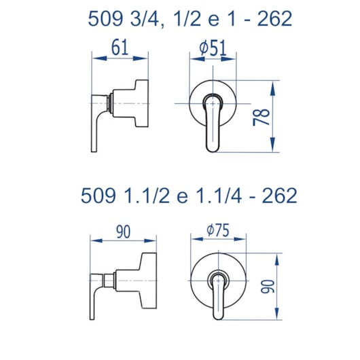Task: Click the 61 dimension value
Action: click(x=120, y=48)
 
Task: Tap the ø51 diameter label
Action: click(x=213, y=48)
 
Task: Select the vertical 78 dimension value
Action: click(x=262, y=117)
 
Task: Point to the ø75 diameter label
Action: click(x=218, y=230)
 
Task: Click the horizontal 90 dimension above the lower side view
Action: click(x=124, y=232)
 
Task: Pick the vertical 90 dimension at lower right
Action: click(x=268, y=286)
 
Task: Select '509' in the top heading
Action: click(x=105, y=19)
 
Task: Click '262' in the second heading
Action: click(x=280, y=196)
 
